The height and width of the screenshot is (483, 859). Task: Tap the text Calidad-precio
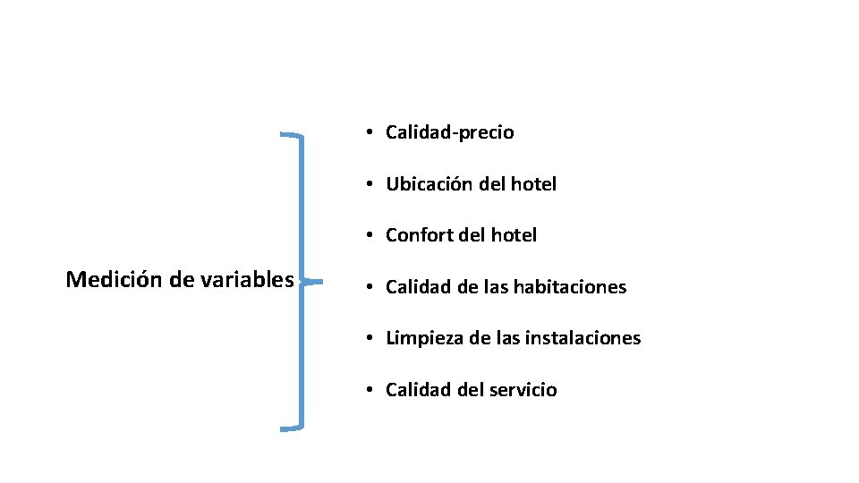[x=449, y=133]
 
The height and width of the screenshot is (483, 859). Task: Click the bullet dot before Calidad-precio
[x=369, y=132]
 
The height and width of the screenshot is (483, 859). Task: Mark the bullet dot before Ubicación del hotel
[x=369, y=184]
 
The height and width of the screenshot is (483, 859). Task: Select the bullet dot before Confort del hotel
[x=369, y=235]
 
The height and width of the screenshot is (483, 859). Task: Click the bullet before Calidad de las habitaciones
[x=369, y=287]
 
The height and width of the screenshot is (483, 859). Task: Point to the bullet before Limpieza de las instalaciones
[x=369, y=338]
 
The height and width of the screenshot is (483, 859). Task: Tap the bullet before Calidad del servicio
[x=369, y=390]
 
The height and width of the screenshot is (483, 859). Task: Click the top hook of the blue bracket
[x=291, y=135]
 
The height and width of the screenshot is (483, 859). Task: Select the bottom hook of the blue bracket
[x=291, y=428]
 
